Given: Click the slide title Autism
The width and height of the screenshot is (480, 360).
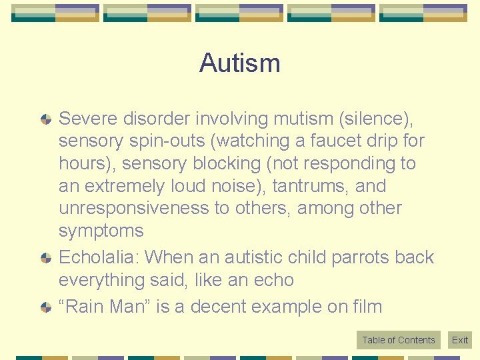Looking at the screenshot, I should pyautogui.click(x=239, y=63).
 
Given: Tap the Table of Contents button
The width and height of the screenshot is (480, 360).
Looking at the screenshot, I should pyautogui.click(x=398, y=340).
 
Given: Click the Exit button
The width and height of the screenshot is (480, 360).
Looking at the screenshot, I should pyautogui.click(x=460, y=340).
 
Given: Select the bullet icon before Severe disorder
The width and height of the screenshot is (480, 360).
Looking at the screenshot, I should pyautogui.click(x=45, y=119).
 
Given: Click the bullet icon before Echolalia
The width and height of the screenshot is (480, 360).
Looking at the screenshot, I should pyautogui.click(x=45, y=257).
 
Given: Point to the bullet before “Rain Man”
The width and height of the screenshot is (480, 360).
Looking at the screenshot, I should pyautogui.click(x=45, y=307).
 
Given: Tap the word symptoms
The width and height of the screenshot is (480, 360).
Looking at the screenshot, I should pyautogui.click(x=101, y=231).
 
